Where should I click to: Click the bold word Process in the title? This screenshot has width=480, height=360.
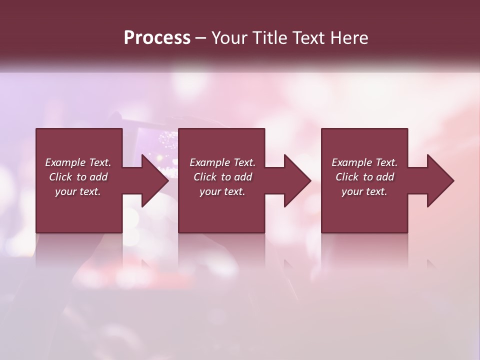157,38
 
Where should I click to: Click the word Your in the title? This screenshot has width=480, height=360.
228,38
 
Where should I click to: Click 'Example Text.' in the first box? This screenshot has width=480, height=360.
78,162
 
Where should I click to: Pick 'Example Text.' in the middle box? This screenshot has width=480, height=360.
222,162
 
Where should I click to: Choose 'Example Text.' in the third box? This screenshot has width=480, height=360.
364,162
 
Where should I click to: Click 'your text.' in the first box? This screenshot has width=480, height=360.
78,191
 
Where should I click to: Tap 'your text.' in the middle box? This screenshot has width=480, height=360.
222,191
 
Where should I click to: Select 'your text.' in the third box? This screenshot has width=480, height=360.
364,191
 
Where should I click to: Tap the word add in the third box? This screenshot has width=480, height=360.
385,177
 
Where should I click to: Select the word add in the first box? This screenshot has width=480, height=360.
98,177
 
